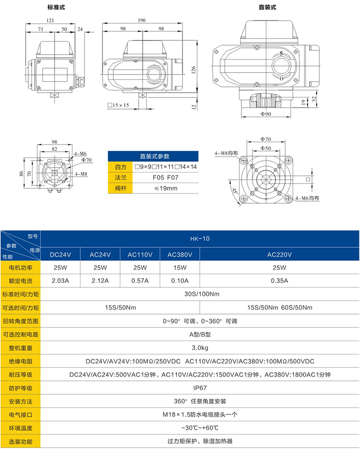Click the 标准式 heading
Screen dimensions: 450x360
(x=56, y=7)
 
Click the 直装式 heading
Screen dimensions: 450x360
(x=267, y=7)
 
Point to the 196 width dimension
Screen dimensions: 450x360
(x=142, y=21)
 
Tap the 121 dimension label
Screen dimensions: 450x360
(x=50, y=21)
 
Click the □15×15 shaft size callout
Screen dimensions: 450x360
(x=119, y=105)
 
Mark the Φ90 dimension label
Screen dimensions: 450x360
(x=266, y=114)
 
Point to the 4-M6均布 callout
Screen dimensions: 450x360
(x=308, y=198)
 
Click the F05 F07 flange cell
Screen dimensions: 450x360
(x=165, y=177)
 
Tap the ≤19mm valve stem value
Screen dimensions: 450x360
(x=165, y=188)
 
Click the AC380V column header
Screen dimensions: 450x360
(x=180, y=254)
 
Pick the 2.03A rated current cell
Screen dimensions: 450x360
(x=60, y=280)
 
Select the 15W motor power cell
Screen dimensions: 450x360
(x=180, y=268)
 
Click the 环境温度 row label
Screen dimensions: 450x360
(x=21, y=428)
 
